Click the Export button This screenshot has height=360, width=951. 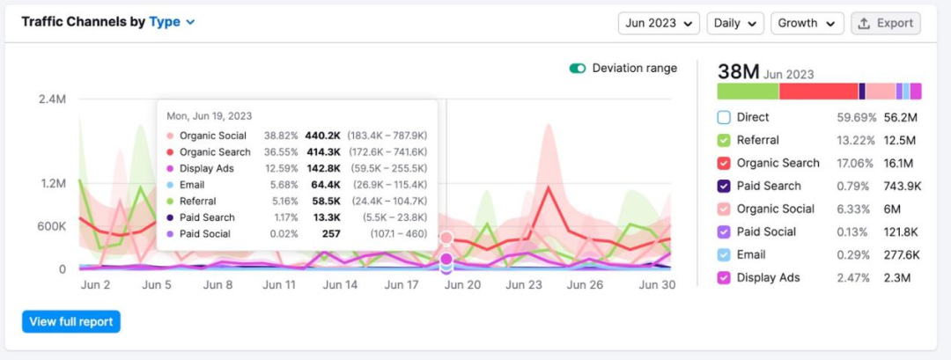click(886, 23)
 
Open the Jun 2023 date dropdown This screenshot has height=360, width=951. click(659, 23)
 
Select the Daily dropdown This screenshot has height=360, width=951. click(734, 23)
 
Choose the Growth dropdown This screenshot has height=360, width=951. click(807, 23)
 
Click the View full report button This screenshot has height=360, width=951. click(71, 321)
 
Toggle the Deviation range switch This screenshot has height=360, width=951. click(578, 69)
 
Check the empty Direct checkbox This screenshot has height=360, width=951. click(724, 117)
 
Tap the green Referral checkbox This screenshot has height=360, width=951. click(724, 140)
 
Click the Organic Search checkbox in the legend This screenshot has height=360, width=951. click(724, 163)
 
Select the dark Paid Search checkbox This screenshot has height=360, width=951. click(724, 186)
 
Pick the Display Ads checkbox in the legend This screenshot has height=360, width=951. click(724, 277)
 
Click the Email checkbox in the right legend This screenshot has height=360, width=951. click(724, 254)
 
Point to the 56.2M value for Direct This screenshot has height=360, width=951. click(902, 117)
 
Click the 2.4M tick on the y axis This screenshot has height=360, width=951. click(52, 99)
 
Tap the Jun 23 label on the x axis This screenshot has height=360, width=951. click(524, 285)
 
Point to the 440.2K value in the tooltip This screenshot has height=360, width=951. click(323, 136)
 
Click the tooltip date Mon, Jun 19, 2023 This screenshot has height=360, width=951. click(210, 115)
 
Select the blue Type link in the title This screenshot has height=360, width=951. click(165, 22)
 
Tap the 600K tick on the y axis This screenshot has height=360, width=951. click(50, 226)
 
